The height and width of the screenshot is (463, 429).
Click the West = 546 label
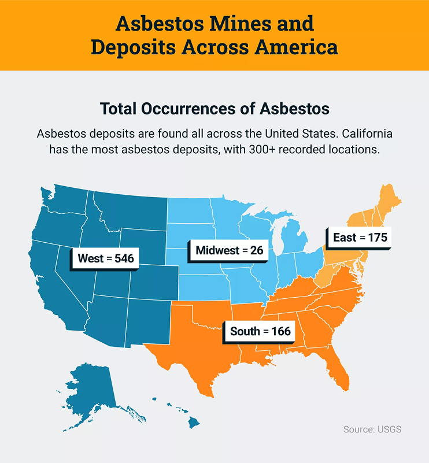105,258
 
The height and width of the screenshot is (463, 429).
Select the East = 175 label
359,237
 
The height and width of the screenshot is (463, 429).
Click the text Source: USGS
372,429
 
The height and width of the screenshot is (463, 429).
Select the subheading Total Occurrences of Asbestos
214,109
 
